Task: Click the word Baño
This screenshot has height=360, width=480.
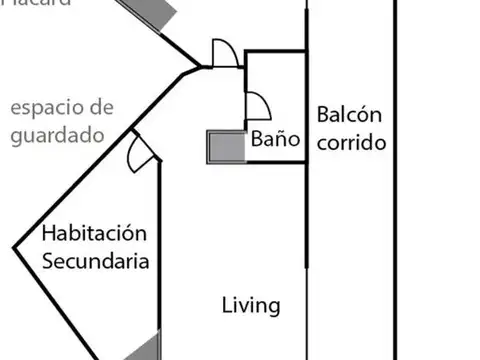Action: pyautogui.click(x=275, y=141)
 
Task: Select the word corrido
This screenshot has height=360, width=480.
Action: pyautogui.click(x=351, y=142)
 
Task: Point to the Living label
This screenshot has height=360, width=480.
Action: pyautogui.click(x=250, y=306)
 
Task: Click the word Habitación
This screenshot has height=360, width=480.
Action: pyautogui.click(x=95, y=234)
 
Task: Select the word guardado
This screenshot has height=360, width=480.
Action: pyautogui.click(x=57, y=135)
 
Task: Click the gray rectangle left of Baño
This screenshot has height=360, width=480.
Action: pyautogui.click(x=226, y=147)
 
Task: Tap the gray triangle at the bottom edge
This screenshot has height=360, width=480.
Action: pyautogui.click(x=146, y=348)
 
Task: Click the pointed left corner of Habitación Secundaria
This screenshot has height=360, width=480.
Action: pyautogui.click(x=14, y=247)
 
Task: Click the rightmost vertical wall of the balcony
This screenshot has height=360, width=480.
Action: pyautogui.click(x=395, y=180)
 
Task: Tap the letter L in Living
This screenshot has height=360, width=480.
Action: pyautogui.click(x=226, y=306)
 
